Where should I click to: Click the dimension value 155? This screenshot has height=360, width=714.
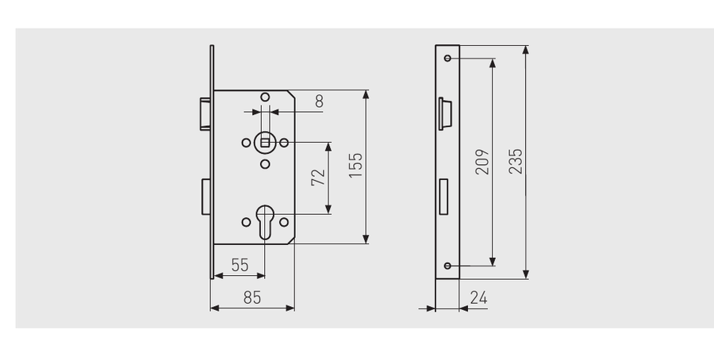pos(355,165)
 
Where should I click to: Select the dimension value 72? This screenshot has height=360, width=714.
pos(318,178)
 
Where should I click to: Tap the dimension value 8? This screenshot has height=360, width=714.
pos(319,101)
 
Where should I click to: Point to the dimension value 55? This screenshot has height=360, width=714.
pos(240,265)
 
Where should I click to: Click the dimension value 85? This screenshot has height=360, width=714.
pos(252,297)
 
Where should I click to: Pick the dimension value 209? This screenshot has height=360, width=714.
pos(482,162)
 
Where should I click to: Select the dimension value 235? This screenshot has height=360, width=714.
pos(516,161)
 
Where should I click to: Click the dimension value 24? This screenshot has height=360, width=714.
pos(478,297)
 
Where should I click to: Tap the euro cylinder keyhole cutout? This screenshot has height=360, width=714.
pos(265,221)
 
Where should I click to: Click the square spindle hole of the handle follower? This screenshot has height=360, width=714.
pos(265,143)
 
